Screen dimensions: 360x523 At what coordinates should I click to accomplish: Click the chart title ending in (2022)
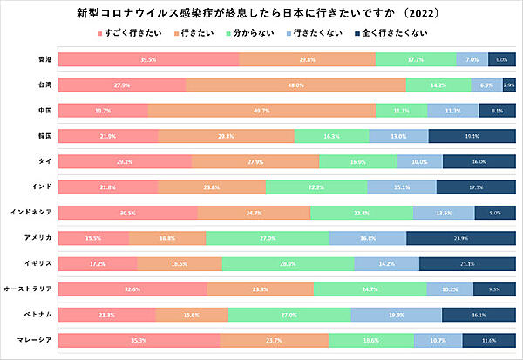point(261,13)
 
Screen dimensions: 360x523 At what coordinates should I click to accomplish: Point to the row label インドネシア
point(33,212)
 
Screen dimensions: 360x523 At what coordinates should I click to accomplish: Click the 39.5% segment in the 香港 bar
point(148,59)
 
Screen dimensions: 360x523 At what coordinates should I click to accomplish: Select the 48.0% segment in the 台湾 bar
point(295,85)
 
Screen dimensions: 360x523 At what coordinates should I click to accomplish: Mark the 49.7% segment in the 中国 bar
point(261,111)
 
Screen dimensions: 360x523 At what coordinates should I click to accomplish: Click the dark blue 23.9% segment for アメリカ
point(460,238)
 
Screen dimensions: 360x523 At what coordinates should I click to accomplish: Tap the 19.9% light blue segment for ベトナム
point(397,314)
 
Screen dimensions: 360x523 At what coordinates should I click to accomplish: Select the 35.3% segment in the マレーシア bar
point(139,340)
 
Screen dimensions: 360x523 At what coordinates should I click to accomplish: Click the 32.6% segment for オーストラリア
point(132,289)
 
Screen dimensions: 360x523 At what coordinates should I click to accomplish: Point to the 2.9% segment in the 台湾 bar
point(508,85)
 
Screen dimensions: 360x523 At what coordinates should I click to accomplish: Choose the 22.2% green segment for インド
point(316,187)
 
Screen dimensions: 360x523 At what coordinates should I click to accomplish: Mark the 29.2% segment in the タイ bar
point(125,162)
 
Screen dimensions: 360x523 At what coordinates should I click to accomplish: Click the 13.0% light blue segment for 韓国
point(398,137)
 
